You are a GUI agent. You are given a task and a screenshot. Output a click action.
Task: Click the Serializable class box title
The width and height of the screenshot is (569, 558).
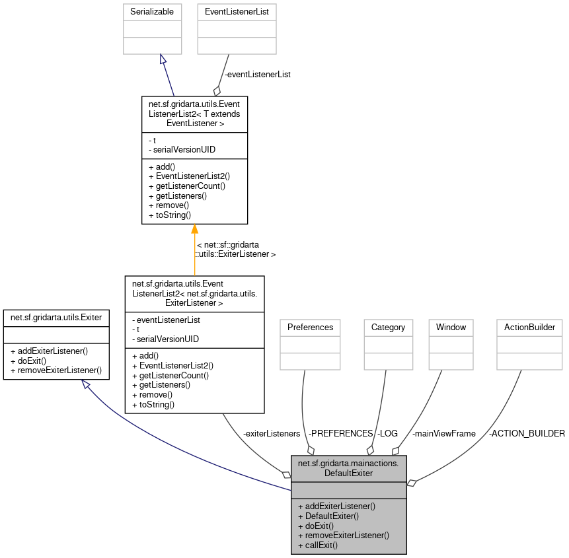tap(152, 11)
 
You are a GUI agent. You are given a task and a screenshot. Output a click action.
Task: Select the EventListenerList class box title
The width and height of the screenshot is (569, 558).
tap(237, 11)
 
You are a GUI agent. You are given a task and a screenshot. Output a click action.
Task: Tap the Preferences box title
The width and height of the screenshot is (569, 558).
tap(310, 327)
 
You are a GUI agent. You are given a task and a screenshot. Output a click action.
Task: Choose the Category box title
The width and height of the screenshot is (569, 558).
tap(388, 327)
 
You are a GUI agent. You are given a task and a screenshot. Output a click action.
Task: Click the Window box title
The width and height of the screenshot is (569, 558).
tap(451, 327)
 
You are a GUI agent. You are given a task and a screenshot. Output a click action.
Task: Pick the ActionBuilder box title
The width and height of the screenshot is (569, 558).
tap(529, 327)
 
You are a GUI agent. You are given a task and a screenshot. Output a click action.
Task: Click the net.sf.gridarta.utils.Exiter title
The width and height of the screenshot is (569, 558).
tap(56, 318)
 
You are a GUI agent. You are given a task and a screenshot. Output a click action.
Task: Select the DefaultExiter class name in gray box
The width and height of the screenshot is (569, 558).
tap(348, 468)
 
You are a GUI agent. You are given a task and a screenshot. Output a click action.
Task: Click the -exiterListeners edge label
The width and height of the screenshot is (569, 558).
tap(272, 433)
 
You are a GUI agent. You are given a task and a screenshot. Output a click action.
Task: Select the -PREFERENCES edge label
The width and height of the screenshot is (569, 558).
tap(341, 433)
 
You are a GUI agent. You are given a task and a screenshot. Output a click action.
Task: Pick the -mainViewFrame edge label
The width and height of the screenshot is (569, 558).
tap(443, 433)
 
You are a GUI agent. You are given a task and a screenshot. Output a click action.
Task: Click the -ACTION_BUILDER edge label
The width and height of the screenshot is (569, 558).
tap(527, 433)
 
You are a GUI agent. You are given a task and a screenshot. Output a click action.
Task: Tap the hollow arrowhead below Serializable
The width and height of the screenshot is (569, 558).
tap(163, 59)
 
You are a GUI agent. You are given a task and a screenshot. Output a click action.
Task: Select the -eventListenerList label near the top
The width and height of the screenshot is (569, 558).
tap(257, 75)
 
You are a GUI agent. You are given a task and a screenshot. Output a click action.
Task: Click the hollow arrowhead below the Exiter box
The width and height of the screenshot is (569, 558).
tap(87, 384)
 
